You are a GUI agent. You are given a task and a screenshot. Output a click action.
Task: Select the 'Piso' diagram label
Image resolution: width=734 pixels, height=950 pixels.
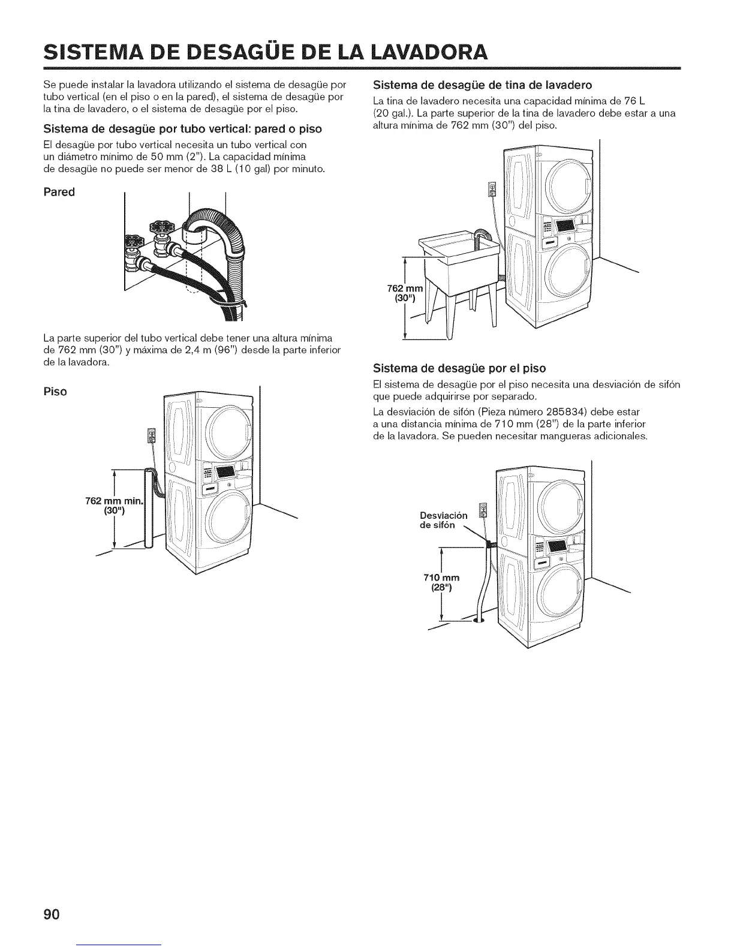tap(55, 392)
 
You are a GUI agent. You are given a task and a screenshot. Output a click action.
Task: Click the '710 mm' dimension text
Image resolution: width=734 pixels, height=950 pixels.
tap(441, 577)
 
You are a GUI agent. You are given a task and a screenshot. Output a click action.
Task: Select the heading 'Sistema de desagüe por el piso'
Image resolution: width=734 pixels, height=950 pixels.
tap(459, 367)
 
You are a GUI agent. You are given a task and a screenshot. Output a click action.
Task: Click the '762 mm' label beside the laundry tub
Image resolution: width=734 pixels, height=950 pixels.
tap(406, 292)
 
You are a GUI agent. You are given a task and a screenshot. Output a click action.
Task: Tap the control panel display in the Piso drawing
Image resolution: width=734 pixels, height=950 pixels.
tap(226, 473)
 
